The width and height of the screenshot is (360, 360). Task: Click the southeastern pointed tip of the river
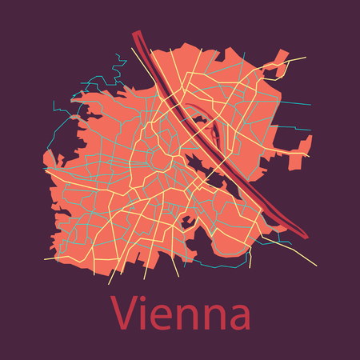pos(306,235)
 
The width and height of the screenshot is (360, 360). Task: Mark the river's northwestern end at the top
pos(136,34)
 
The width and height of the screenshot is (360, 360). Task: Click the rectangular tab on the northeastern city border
pos(282,58)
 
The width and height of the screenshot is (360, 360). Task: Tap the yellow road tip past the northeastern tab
pos(306,58)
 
